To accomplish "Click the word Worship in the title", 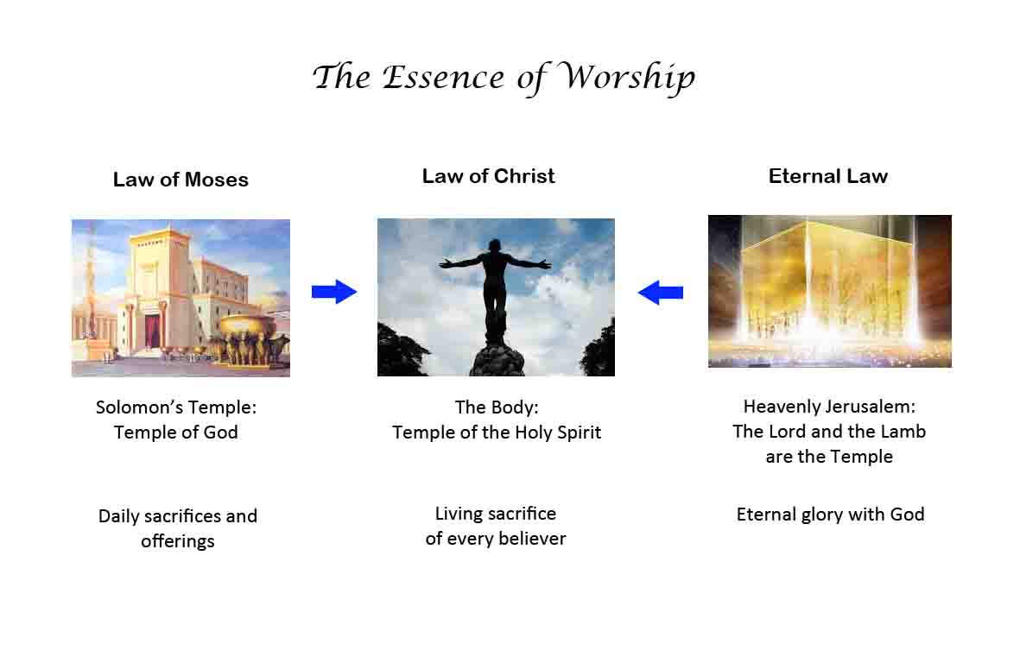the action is coord(627,78).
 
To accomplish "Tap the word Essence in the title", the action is coord(442,78).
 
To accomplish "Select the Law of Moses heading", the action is coord(181,180).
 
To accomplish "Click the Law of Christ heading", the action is coord(489,176).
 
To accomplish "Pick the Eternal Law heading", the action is coord(828,176).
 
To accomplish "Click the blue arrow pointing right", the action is coord(334,292).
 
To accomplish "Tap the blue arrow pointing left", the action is coord(660,293).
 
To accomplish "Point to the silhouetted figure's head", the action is coord(496,246).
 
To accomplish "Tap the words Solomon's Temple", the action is coord(176,407).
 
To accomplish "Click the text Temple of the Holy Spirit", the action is coord(497,433).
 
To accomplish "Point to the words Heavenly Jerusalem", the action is coord(829,407).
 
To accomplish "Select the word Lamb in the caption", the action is coord(903,432).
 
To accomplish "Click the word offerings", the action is coord(178,540).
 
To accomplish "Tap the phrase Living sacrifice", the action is coord(496,514).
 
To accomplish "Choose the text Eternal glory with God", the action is coord(830,515).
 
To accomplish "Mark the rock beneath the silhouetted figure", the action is coord(497,358).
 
